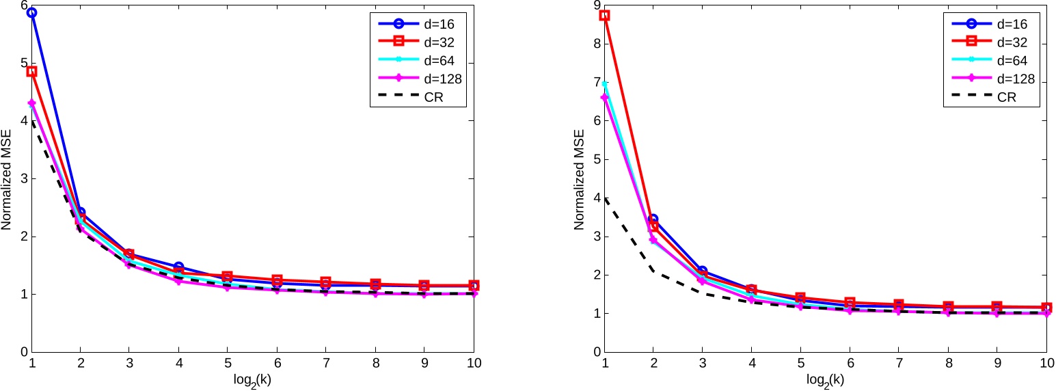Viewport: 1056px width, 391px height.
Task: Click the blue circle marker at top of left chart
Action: click(31, 13)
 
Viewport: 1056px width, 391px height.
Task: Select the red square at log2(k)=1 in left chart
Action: click(31, 71)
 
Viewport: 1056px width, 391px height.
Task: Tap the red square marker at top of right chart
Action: click(604, 15)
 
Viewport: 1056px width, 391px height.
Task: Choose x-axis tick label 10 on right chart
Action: click(1046, 364)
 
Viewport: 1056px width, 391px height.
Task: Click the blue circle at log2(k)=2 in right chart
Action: click(653, 219)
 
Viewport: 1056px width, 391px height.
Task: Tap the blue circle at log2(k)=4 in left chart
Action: click(178, 267)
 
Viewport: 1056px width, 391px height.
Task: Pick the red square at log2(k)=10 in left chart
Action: click(473, 285)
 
